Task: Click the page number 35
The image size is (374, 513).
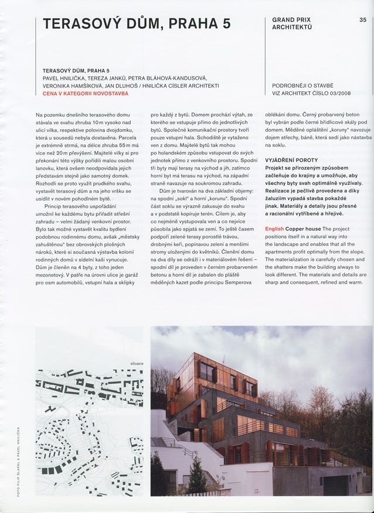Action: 362,20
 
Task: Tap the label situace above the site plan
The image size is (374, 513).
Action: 136,363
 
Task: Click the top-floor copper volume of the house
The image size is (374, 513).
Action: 226,371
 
